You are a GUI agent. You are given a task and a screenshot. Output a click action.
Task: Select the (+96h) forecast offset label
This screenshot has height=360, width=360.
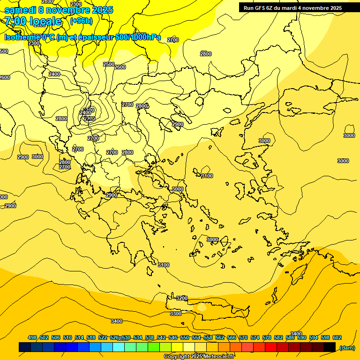[x=81, y=21]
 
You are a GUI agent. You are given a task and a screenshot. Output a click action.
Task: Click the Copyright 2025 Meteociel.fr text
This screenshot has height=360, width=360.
[x=199, y=357]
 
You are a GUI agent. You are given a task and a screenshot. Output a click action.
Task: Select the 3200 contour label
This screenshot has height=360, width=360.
[x=181, y=299]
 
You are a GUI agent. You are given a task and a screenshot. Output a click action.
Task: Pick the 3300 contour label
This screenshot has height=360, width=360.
[x=175, y=314]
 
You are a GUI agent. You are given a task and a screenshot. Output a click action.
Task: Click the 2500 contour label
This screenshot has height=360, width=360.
[x=108, y=64]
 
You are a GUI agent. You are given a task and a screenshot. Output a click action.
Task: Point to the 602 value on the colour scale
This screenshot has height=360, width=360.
[x=337, y=337]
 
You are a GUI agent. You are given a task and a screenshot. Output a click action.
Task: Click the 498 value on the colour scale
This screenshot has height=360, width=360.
[x=32, y=337]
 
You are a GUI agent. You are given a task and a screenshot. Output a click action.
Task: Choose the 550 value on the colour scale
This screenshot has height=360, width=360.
[x=184, y=337]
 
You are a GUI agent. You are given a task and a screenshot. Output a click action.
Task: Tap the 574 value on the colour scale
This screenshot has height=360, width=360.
[x=255, y=337]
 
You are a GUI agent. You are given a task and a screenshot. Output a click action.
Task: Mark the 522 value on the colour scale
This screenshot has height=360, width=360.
[x=103, y=337]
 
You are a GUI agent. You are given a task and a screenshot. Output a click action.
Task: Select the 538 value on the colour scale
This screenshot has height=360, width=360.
[x=150, y=337]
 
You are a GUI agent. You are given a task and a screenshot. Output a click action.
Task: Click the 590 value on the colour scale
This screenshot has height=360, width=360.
[x=301, y=337]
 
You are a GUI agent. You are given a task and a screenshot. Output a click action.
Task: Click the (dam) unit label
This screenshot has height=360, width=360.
[x=347, y=348]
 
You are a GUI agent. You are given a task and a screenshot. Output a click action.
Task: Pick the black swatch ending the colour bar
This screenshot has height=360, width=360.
[x=330, y=347]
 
